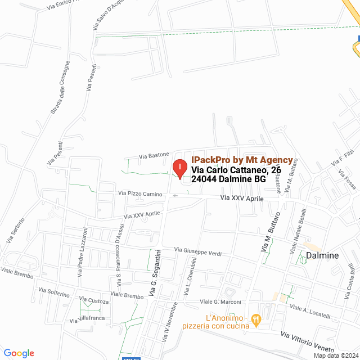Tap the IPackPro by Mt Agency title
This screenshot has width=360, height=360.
point(242,160)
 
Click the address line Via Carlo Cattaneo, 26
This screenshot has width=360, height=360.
point(236,170)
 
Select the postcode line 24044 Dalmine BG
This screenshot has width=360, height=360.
point(228,179)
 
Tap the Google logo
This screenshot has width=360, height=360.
point(19,353)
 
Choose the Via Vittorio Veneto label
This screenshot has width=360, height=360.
point(311,338)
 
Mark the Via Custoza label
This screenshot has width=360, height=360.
point(94,301)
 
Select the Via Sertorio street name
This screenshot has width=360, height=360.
point(16,230)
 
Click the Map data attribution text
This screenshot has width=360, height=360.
point(336,355)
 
